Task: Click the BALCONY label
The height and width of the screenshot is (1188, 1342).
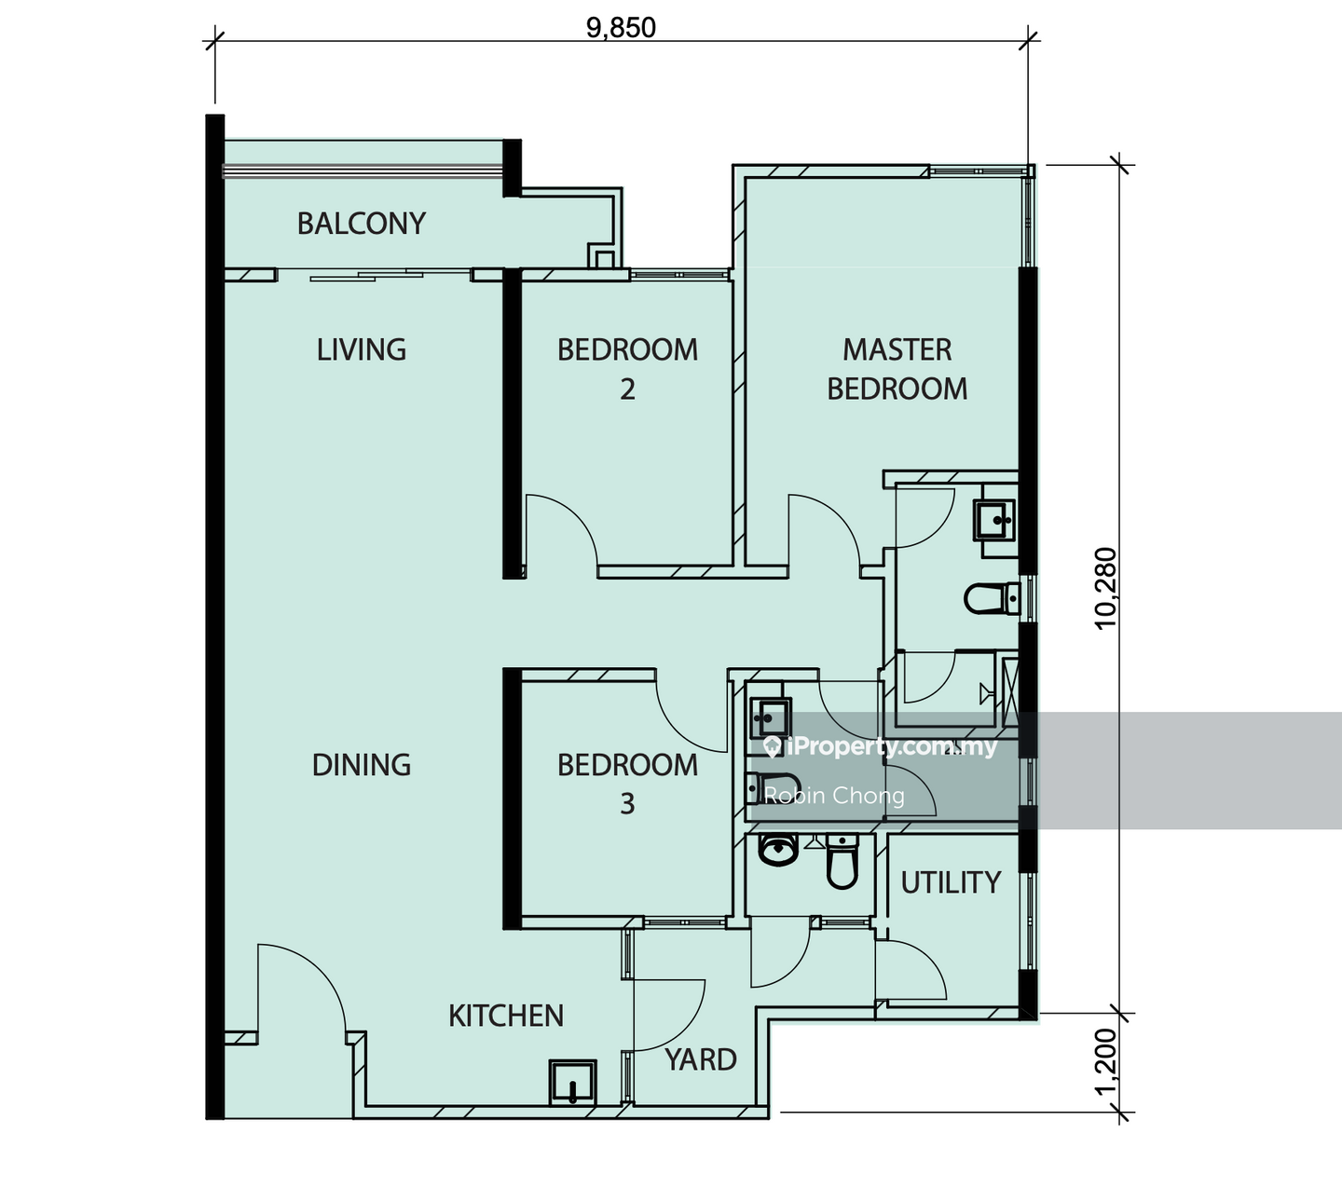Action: tap(361, 224)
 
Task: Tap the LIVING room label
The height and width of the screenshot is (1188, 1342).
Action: tap(361, 349)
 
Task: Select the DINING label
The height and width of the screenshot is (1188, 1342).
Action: tap(361, 765)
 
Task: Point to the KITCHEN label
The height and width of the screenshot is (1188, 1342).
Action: tap(506, 1016)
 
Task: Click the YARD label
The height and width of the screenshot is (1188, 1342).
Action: tap(701, 1059)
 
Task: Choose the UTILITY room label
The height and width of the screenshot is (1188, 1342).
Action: tap(951, 882)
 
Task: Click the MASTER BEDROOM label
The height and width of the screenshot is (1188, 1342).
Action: tap(897, 369)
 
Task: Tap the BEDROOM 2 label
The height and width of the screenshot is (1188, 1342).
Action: tap(627, 369)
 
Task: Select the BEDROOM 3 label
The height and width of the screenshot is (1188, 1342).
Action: tap(627, 784)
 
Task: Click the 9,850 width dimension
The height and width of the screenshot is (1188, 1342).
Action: tap(621, 28)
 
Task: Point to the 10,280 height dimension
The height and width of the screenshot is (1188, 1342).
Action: tap(1105, 588)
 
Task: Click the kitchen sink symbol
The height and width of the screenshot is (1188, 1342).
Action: tap(572, 1083)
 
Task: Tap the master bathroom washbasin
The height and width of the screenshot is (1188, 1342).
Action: tap(994, 520)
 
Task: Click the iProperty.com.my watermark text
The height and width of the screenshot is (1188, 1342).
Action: tap(881, 747)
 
